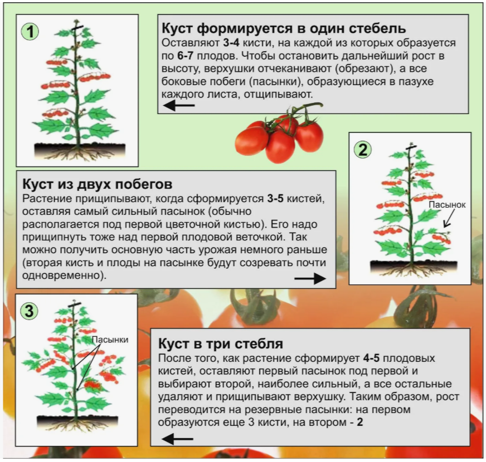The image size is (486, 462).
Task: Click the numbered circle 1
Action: coord(30,32)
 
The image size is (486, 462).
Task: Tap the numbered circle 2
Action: coord(363,150)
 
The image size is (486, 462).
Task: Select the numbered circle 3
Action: coord(29,311)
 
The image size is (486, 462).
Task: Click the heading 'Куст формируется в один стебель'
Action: coord(284,28)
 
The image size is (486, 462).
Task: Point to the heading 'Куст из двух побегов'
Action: coord(98,185)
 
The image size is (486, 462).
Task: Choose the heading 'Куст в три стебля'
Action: coord(220,343)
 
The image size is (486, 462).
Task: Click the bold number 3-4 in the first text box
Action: coord(231,43)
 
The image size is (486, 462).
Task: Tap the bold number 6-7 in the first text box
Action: coord(186,56)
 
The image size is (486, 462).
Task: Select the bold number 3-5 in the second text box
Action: coord(275,199)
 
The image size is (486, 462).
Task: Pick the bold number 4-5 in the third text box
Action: coord(371,358)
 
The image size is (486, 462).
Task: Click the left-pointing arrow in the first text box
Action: coord(179,106)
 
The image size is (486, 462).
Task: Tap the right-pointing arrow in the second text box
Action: coord(310,278)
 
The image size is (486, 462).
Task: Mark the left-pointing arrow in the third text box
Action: coord(178,439)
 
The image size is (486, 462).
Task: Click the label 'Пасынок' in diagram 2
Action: coord(447,205)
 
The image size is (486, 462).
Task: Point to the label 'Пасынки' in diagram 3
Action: coord(110,340)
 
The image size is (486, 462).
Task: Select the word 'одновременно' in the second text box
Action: coord(61,276)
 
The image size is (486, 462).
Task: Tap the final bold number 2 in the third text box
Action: coord(359,422)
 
